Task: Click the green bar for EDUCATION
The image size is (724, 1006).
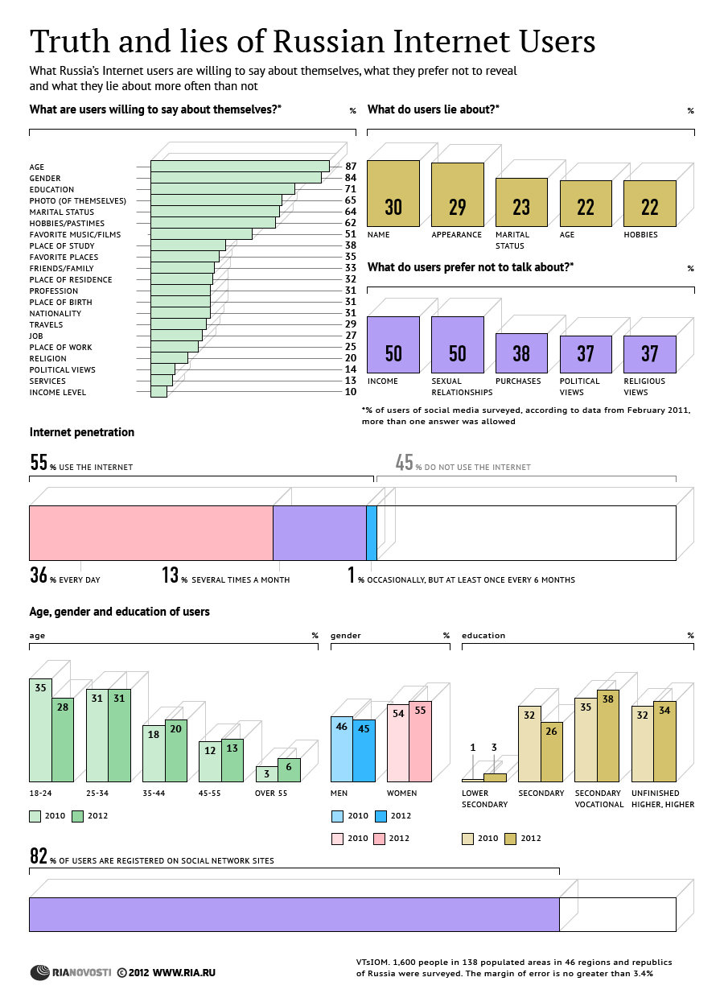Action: point(223,189)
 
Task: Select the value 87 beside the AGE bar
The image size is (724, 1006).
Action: point(351,166)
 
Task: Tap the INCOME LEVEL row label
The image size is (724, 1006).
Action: point(57,393)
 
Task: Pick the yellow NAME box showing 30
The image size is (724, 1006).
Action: point(393,194)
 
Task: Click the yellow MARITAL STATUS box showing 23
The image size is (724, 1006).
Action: point(521,202)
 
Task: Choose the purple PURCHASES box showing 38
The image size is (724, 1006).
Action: point(521,353)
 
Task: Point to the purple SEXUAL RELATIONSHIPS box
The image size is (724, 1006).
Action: point(458,345)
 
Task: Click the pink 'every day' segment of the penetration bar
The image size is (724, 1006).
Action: point(151,533)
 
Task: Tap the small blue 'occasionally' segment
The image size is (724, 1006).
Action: point(372,533)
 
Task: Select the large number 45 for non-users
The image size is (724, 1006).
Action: point(404,462)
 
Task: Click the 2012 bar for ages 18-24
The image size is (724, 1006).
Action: point(63,740)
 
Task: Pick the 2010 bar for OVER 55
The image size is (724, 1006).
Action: point(266,773)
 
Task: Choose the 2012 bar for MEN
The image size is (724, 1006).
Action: point(364,750)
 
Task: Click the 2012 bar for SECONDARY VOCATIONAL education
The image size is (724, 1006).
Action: point(608,736)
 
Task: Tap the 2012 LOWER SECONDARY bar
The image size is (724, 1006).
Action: point(495,777)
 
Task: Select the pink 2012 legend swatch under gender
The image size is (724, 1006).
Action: point(379,839)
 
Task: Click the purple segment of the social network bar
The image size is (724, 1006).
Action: point(294,914)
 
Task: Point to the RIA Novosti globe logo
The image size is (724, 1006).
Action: point(40,972)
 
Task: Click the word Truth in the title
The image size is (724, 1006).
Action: point(70,41)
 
